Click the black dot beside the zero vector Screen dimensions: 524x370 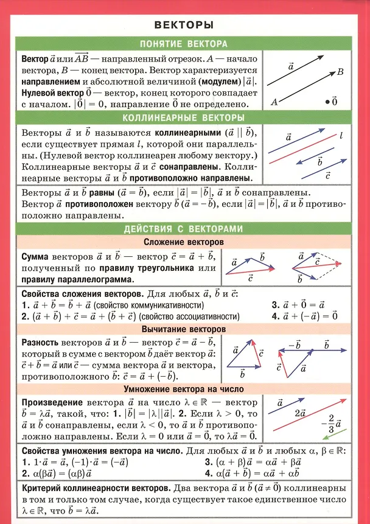(327, 102)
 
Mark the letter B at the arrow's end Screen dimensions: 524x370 (340, 72)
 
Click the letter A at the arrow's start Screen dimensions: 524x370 (274, 102)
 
